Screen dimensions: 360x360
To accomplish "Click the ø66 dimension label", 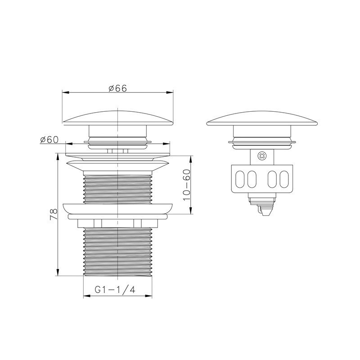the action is coord(118,88).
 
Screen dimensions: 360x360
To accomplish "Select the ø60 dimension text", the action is coord(49,140).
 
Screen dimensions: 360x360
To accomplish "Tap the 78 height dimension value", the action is coord(54,214).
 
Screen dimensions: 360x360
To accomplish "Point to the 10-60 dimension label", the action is coord(187,185).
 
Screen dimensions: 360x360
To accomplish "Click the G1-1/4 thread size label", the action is coord(115,290).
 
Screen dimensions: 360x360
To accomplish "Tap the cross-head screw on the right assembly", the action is coord(262,156).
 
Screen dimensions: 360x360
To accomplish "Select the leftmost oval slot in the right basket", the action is coord(240,179).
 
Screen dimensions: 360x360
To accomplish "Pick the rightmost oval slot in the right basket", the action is coord(284,179).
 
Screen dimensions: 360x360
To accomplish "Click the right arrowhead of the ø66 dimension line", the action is coord(170,92).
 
